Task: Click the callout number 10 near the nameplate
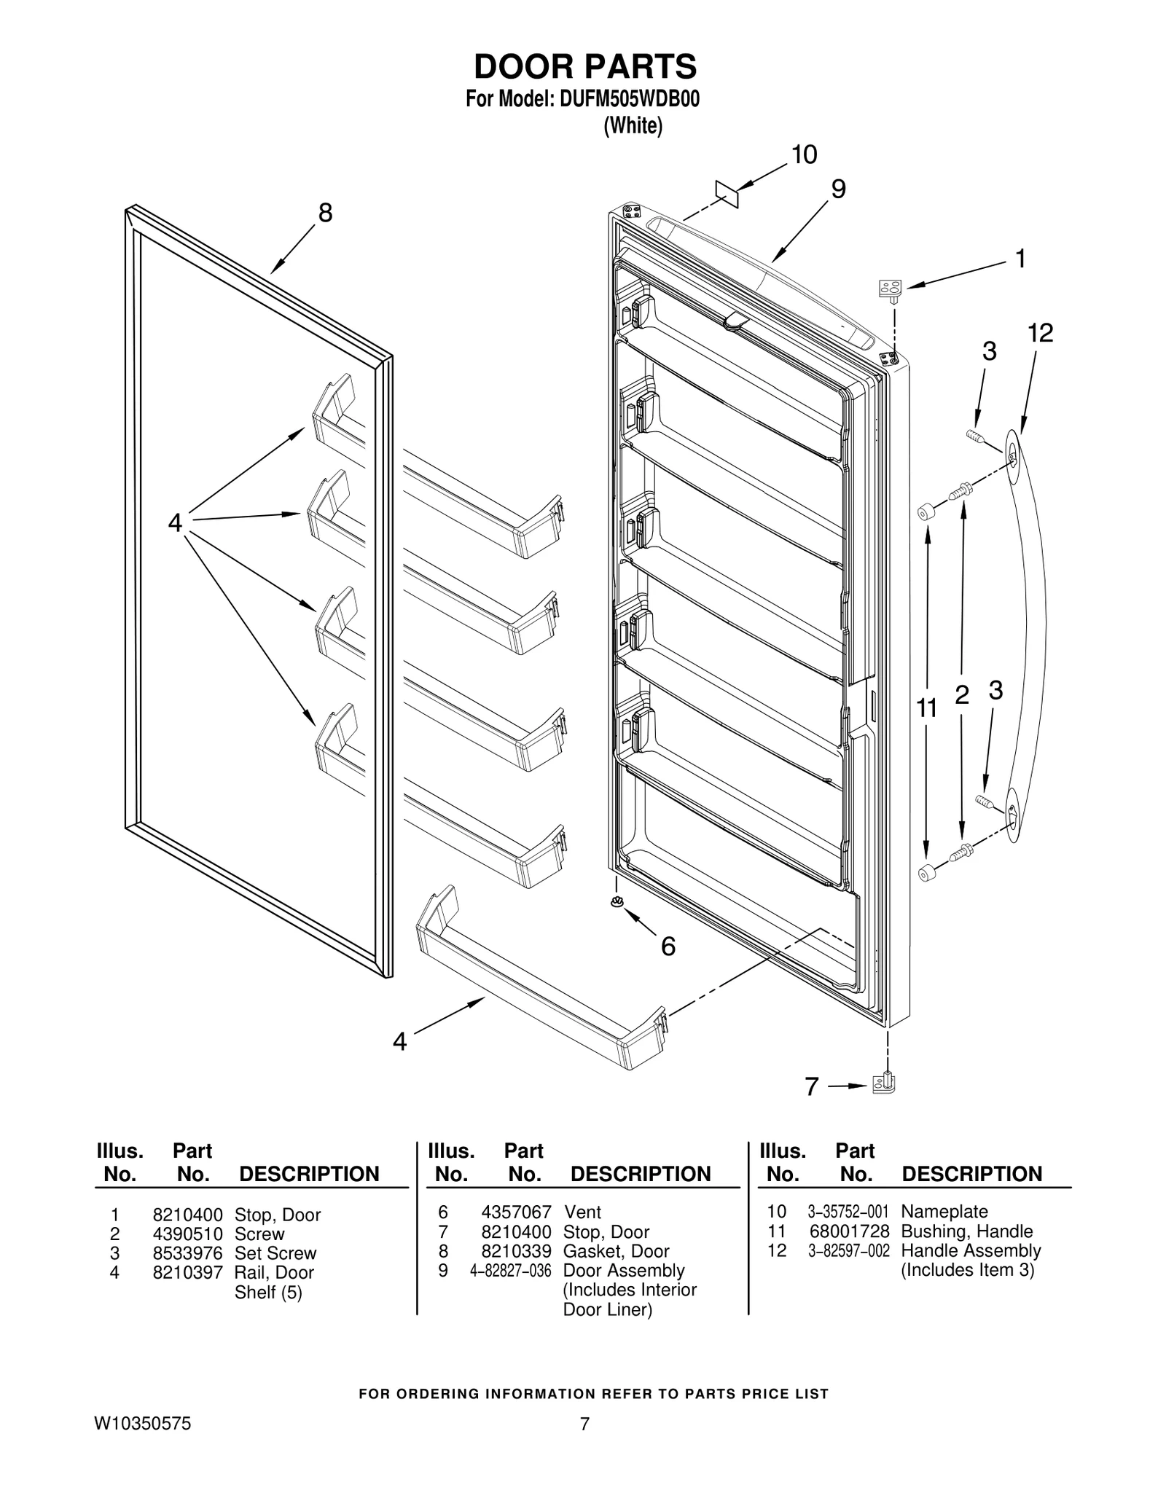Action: point(804,155)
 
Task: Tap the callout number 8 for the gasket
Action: point(325,213)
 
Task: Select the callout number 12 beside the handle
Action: point(1040,334)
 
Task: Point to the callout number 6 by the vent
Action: point(668,946)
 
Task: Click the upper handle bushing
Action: point(924,513)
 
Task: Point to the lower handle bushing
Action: point(926,871)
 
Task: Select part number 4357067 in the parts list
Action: point(516,1212)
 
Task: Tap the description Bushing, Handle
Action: point(966,1231)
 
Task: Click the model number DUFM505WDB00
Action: point(629,100)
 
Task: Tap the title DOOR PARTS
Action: point(585,66)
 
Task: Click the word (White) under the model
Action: point(633,126)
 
